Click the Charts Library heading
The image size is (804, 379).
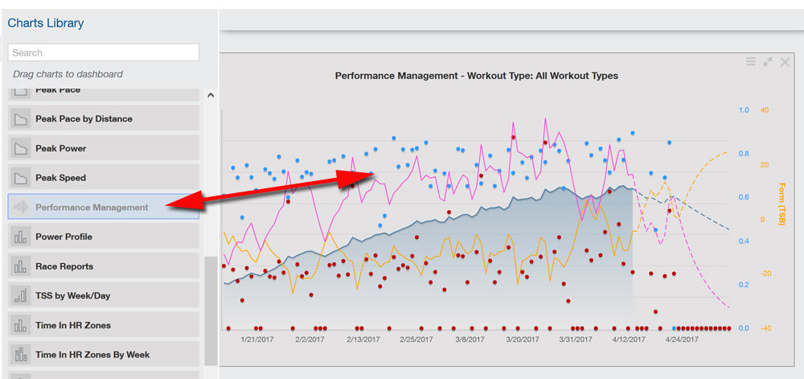click(x=46, y=23)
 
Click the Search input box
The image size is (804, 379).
click(x=103, y=52)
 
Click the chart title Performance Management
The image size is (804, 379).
click(x=476, y=76)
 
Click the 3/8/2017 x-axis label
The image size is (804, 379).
click(x=468, y=340)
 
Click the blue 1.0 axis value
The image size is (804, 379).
click(x=744, y=110)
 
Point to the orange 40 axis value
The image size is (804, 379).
click(x=765, y=110)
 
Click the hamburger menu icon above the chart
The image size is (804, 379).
click(x=751, y=62)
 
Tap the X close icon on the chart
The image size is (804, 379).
click(x=786, y=62)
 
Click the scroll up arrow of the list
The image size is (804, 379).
click(x=211, y=95)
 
